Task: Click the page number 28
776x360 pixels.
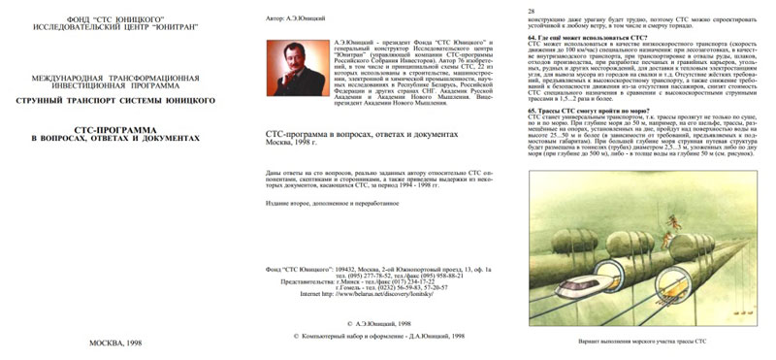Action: (532, 10)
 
